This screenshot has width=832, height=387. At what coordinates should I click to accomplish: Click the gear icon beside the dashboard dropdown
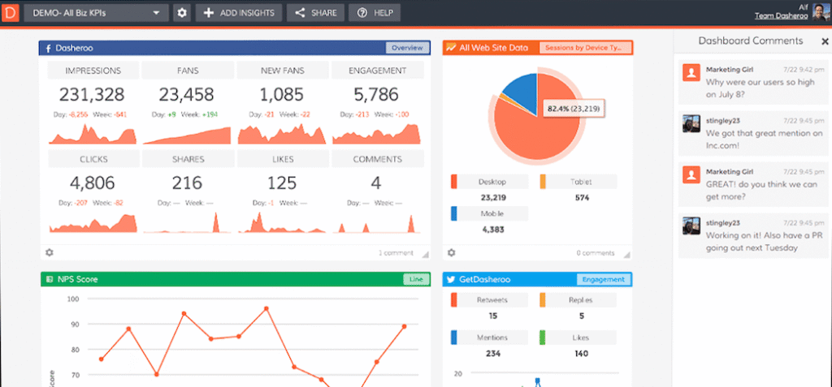(182, 13)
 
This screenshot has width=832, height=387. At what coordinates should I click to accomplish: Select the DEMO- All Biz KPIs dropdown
(96, 13)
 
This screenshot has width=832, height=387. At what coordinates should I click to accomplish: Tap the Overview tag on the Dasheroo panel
(405, 48)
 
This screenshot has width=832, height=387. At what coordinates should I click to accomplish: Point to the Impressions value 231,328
(93, 95)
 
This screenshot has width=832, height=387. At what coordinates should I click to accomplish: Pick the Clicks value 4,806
(93, 183)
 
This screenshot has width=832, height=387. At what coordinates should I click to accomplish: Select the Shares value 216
(187, 183)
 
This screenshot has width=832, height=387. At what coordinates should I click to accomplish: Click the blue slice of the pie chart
(521, 92)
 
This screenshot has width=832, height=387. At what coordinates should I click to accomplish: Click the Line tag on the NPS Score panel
(414, 279)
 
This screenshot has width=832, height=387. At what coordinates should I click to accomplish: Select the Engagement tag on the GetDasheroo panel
(604, 279)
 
